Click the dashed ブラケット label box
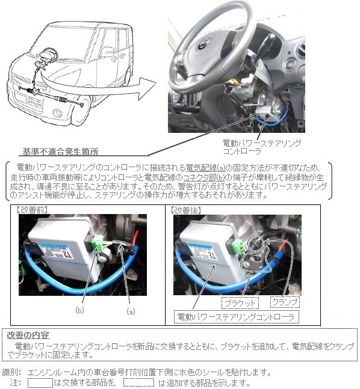tap(240, 303)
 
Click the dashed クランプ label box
tap(285, 302)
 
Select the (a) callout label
tap(131, 311)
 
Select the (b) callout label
tap(79, 310)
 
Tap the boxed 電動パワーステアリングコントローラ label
tap(236, 317)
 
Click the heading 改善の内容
tap(28, 335)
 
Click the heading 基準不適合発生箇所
tap(60, 152)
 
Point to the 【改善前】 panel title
tap(31, 210)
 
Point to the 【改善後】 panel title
tap(185, 210)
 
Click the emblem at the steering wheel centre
tap(204, 43)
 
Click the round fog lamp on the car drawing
tap(58, 113)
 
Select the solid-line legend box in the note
tap(40, 383)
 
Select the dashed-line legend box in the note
tap(139, 382)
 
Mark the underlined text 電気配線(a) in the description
tap(206, 168)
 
